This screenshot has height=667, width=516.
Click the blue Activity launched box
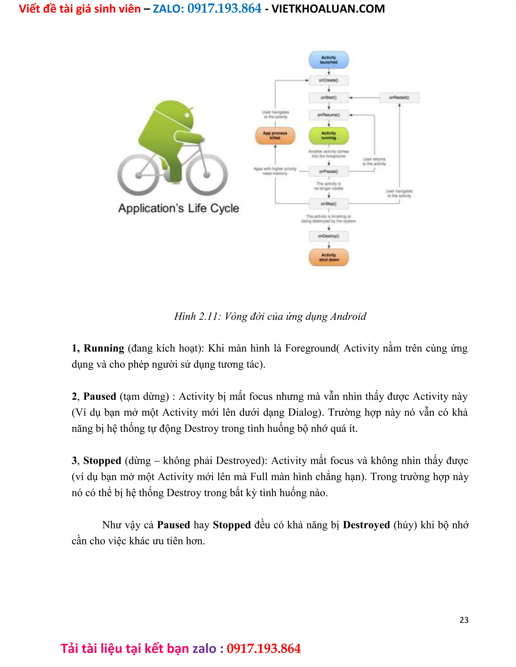pyautogui.click(x=329, y=60)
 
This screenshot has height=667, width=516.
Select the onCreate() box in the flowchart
pyautogui.click(x=329, y=80)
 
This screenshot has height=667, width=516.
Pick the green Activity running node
pyautogui.click(x=329, y=136)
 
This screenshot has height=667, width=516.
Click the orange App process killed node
pyautogui.click(x=275, y=136)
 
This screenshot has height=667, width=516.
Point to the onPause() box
pyautogui.click(x=329, y=172)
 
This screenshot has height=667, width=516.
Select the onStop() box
pyautogui.click(x=329, y=204)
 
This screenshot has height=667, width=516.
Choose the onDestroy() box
pyautogui.click(x=329, y=236)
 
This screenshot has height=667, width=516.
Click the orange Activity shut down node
pyautogui.click(x=329, y=257)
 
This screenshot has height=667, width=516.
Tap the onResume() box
pyautogui.click(x=329, y=115)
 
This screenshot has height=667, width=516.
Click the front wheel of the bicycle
pyautogui.click(x=207, y=175)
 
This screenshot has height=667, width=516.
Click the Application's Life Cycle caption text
pyautogui.click(x=179, y=208)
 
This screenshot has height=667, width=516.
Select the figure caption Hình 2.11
pyautogui.click(x=270, y=316)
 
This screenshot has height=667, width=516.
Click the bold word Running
pyautogui.click(x=104, y=348)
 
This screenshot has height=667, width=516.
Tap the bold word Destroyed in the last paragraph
pyautogui.click(x=366, y=525)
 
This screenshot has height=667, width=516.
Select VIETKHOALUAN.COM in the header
pyautogui.click(x=328, y=9)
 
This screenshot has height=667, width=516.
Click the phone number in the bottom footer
pyautogui.click(x=264, y=649)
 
